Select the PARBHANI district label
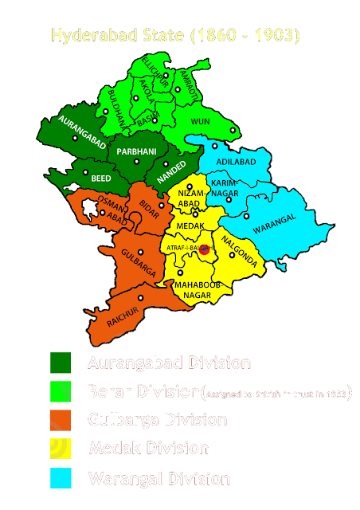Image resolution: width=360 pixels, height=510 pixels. pyautogui.click(x=137, y=151)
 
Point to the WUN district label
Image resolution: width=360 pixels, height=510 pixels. pyautogui.click(x=202, y=121)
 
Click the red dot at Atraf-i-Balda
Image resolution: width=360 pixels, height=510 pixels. pyautogui.click(x=205, y=249)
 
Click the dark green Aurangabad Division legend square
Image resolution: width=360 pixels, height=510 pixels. pyautogui.click(x=61, y=363)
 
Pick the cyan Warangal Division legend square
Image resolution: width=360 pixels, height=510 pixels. pyautogui.click(x=61, y=478)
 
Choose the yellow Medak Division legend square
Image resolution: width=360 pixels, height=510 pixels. pyautogui.click(x=61, y=449)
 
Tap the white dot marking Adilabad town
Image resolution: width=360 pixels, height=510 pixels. pyautogui.click(x=214, y=147)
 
